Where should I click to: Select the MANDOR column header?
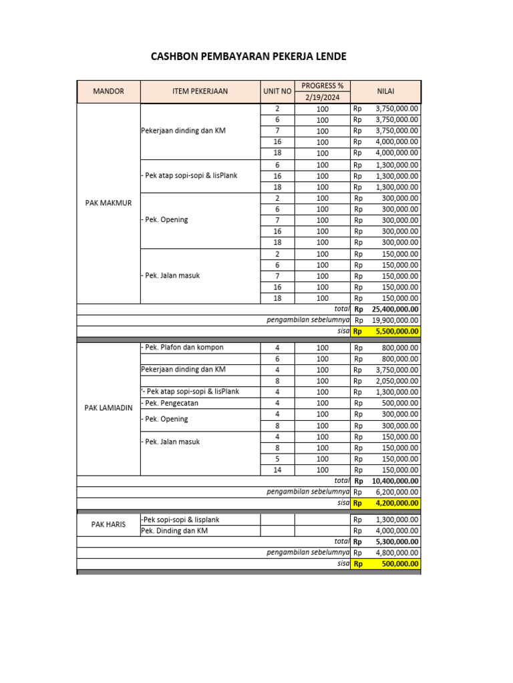pos(108,91)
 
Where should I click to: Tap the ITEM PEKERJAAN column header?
pos(200,91)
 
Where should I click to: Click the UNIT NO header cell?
pos(277,91)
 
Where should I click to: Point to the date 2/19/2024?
pos(322,97)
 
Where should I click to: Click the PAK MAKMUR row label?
pos(108,203)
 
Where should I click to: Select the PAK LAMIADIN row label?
pos(108,408)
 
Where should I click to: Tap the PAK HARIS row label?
pos(108,525)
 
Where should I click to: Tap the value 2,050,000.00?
pos(397,381)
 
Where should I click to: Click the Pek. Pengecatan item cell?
pos(172,403)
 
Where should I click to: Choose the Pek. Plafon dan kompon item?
pos(182,348)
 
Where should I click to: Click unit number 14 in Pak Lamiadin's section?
pos(277,470)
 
